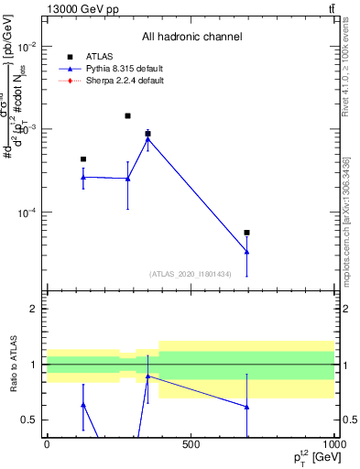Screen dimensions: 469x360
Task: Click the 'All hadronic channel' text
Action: pyautogui.click(x=191, y=37)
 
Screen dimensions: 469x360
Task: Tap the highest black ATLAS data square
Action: pyautogui.click(x=127, y=116)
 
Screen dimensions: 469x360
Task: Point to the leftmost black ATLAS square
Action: pyautogui.click(x=83, y=159)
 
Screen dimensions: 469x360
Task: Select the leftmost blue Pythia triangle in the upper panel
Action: pyautogui.click(x=83, y=177)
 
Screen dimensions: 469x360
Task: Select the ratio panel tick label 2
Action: pyautogui.click(x=33, y=309)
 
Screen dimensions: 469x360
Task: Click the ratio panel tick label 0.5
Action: pyautogui.click(x=29, y=420)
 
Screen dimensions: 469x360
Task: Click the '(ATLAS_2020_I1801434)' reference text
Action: pyautogui.click(x=190, y=274)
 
